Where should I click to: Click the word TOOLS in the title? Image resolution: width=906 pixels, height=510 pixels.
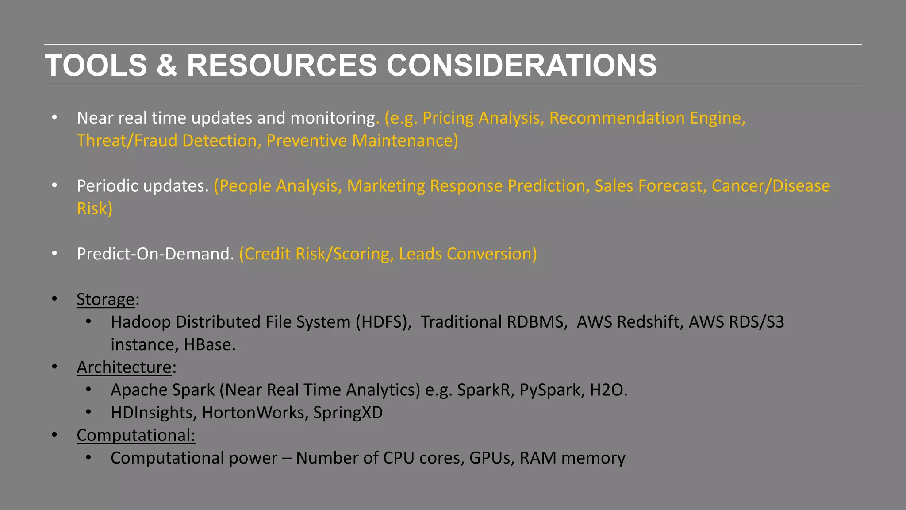[96, 66]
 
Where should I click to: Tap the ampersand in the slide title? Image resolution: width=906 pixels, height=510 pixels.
[167, 66]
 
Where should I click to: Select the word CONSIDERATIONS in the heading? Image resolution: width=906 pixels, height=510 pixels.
[522, 66]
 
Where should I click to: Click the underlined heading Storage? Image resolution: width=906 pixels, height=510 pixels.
[105, 299]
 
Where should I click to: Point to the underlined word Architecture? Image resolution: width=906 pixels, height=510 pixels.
[124, 367]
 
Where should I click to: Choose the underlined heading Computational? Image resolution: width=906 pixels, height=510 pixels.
[135, 436]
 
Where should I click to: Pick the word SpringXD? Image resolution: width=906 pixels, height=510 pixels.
[348, 413]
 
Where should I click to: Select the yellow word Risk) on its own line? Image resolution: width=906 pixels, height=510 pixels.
[95, 209]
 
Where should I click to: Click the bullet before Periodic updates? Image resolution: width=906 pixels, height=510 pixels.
[54, 185]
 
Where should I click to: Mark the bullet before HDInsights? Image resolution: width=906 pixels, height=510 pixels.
[88, 413]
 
